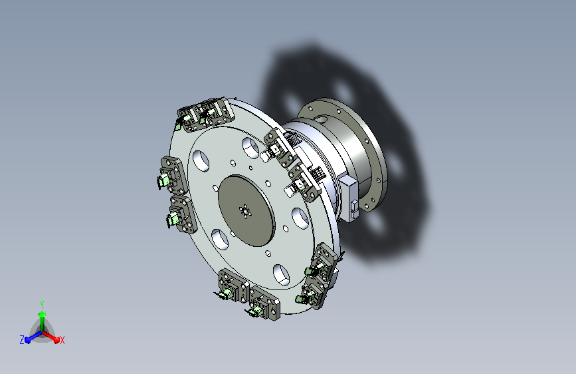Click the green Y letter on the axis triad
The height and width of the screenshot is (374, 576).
click(42, 304)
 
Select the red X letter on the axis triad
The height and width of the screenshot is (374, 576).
click(62, 341)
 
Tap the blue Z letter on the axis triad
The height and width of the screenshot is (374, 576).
click(22, 340)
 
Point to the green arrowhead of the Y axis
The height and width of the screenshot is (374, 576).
click(42, 314)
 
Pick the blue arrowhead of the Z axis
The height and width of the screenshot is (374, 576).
click(28, 340)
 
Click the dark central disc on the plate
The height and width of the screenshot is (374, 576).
click(246, 210)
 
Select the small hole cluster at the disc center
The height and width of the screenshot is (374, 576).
click(245, 212)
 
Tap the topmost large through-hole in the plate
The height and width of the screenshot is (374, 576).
click(251, 148)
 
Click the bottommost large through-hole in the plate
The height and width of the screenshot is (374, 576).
click(282, 275)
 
